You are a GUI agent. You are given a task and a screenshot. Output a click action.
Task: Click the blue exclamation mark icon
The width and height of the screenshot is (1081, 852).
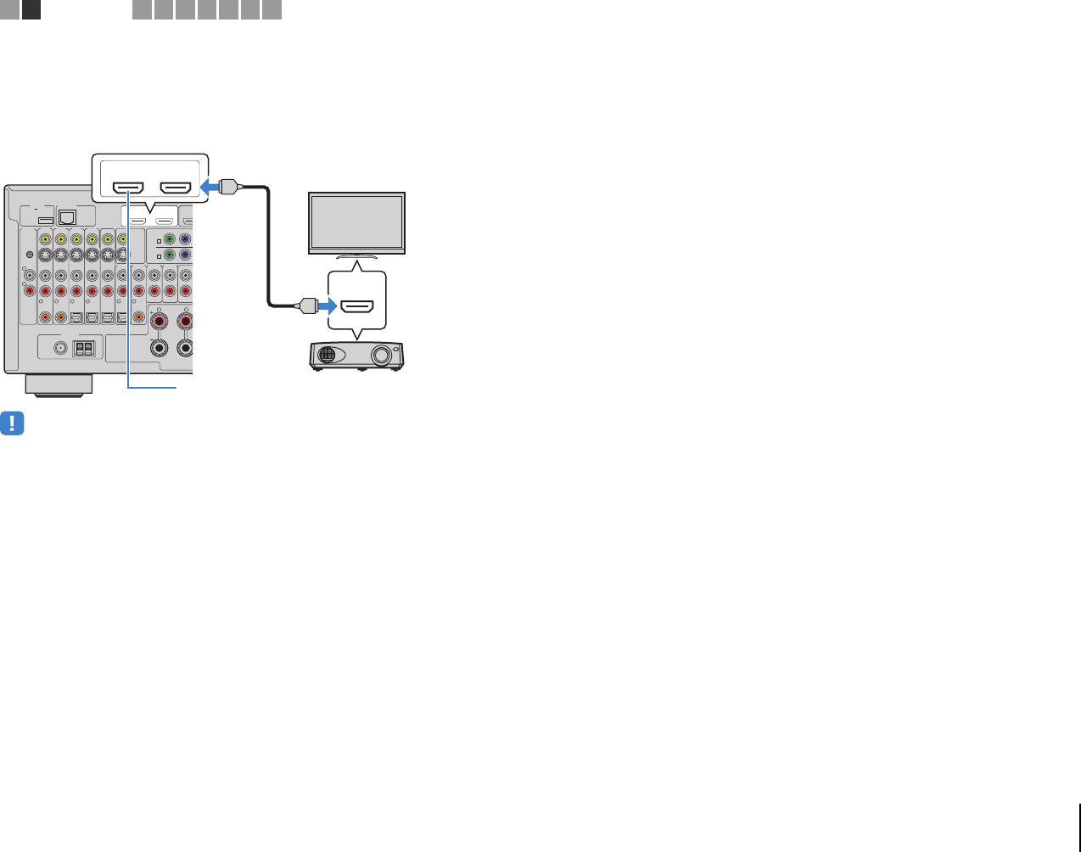(x=12, y=423)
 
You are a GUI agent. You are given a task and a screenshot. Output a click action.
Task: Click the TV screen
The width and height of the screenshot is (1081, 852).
(x=356, y=221)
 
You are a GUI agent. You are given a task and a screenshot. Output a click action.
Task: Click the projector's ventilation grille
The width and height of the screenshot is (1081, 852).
(x=329, y=356)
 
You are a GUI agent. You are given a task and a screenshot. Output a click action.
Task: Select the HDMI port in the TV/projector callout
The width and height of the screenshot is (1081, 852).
(x=356, y=305)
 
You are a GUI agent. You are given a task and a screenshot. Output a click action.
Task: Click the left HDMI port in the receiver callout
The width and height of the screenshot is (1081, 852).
(x=128, y=187)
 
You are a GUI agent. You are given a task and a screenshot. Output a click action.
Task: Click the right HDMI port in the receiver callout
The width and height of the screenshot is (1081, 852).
(x=175, y=187)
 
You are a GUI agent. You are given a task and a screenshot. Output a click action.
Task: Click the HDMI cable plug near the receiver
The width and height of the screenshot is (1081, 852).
(x=227, y=187)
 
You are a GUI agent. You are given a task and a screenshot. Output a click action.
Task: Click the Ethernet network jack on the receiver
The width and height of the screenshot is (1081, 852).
(x=67, y=216)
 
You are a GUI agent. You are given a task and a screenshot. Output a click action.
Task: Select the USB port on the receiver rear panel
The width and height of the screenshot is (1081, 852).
(x=46, y=221)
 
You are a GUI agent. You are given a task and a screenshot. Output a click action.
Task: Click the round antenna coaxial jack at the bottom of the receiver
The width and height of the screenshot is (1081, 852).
(x=60, y=347)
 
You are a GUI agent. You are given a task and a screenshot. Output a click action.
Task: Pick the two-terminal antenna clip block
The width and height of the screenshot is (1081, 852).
(x=83, y=347)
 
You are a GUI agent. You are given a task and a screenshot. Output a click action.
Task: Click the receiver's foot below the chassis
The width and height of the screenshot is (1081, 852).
(x=59, y=384)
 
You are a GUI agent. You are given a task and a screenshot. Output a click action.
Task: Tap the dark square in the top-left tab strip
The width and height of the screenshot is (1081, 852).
(x=31, y=9)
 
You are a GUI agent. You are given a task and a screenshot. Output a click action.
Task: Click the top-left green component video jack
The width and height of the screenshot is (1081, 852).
(x=169, y=240)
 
